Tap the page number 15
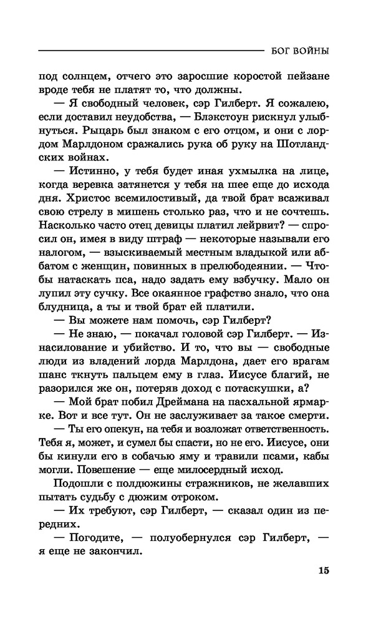point(322,570)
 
